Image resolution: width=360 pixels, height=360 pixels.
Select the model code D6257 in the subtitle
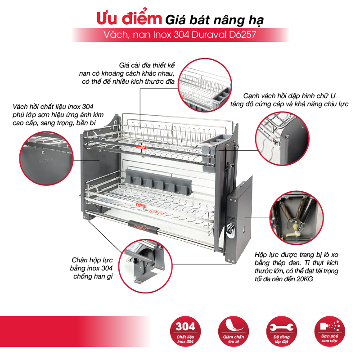pos(243,35)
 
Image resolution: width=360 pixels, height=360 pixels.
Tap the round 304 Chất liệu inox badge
pos(185,331)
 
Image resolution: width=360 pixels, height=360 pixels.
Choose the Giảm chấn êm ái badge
pos(233,331)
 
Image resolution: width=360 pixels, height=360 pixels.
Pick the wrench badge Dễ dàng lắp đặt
pos(282,331)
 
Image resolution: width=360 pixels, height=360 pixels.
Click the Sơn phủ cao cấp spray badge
pos(329,331)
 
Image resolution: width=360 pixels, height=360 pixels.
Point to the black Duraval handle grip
pos(144,228)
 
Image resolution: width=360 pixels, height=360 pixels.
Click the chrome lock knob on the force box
pos(230,229)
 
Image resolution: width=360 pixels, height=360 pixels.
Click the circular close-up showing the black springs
pos(297,218)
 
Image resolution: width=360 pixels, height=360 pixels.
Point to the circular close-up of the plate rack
pos(205,85)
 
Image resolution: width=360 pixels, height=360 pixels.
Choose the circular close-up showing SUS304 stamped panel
pos(46,158)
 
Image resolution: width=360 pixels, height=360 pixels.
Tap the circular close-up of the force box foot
pos(145,266)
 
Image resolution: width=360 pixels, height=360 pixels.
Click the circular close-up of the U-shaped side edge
pos(283,139)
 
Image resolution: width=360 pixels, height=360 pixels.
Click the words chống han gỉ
pos(93,276)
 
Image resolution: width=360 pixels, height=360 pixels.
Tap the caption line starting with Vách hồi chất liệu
pos(53,107)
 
